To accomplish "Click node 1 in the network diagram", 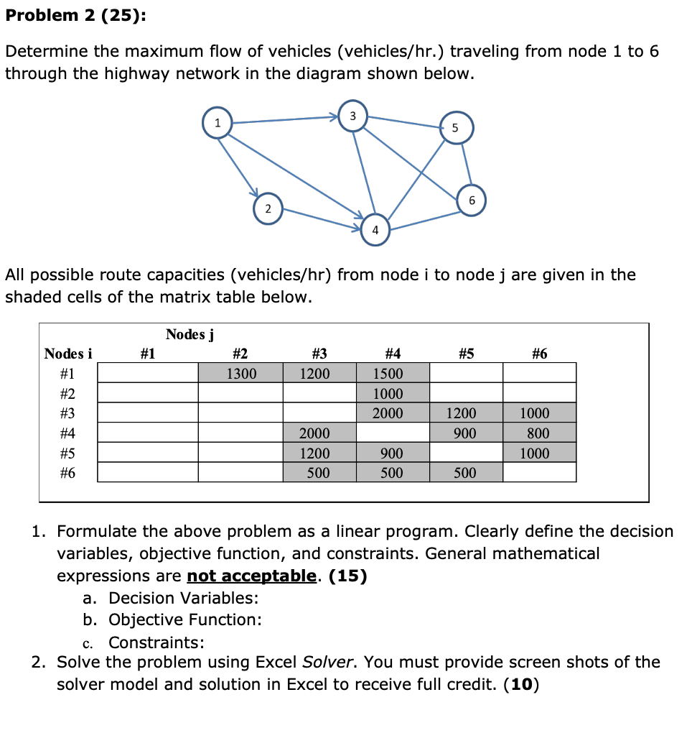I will pos(217,123).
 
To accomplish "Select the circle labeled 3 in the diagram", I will pos(352,116).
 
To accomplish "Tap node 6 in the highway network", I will pos(471,200).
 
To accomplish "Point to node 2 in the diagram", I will pos(267,208).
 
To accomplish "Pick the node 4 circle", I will pos(375,229).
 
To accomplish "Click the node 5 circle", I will pos(453,127).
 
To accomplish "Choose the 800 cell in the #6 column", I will pos(539,433).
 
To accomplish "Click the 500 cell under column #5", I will pos(465,473).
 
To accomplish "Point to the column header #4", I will pos(392,353).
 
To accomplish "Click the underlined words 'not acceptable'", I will pos(251,576).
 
